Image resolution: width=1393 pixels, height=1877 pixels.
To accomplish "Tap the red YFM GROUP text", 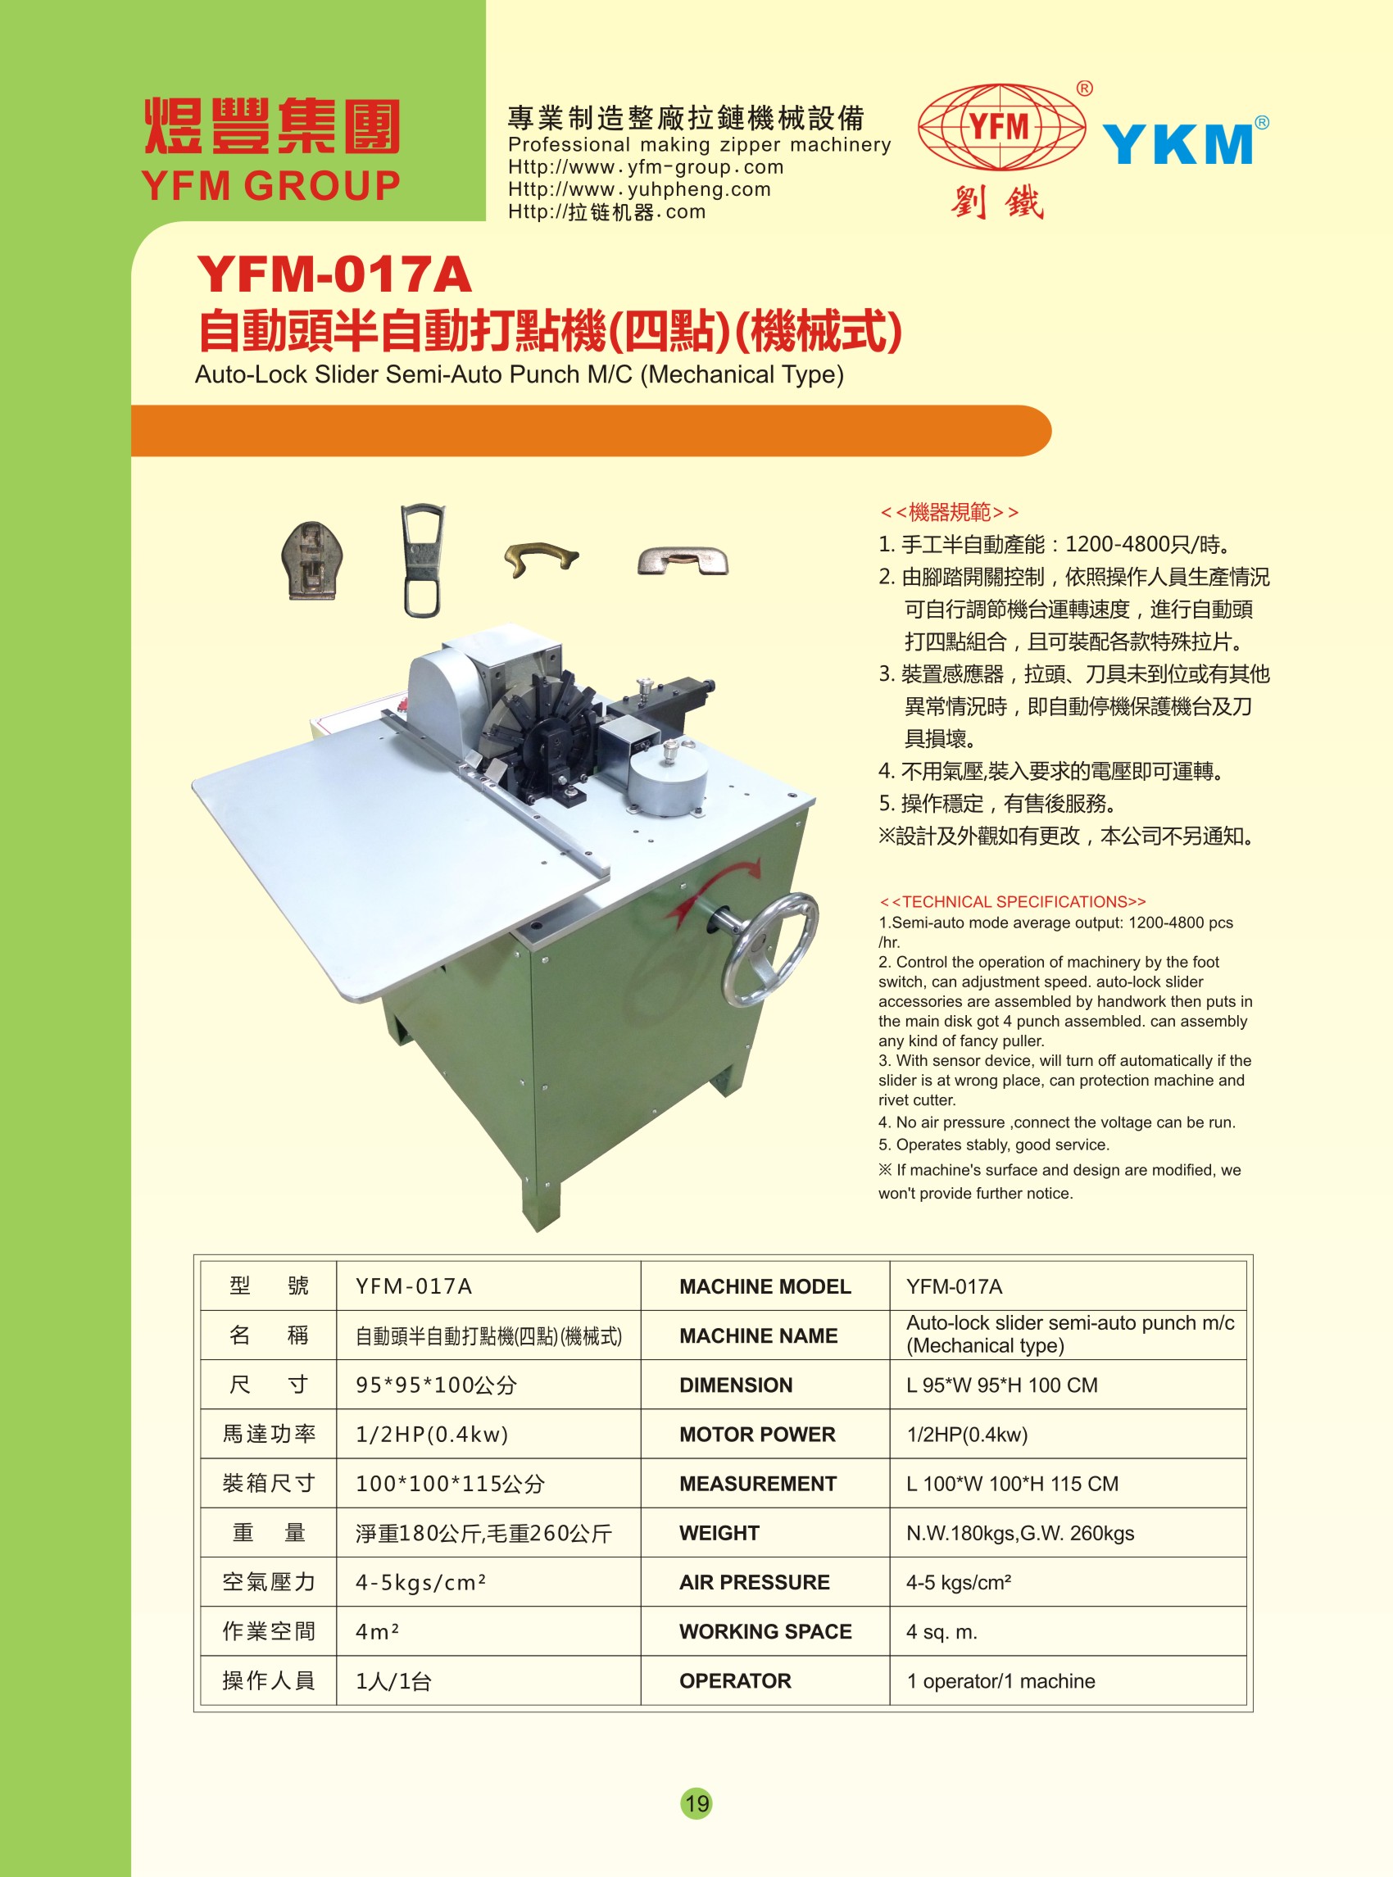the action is coord(270,186).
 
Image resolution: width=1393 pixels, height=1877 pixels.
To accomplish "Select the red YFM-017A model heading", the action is coord(334,275).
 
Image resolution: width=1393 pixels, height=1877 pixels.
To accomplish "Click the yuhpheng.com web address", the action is coord(639,190).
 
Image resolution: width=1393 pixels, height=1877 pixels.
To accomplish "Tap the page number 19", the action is coord(696,1803).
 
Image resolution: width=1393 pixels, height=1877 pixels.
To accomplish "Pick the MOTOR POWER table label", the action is coord(757,1435).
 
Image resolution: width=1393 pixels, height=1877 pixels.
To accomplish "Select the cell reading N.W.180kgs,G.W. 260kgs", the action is coord(1020,1533).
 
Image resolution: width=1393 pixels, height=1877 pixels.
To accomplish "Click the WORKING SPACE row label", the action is coord(765,1632).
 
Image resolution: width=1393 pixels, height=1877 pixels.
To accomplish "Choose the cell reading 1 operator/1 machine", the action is coord(1001,1681).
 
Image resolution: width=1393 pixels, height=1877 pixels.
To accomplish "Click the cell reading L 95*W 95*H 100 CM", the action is coord(1002,1385).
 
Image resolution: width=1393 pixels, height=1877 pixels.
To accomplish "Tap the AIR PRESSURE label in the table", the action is coord(755,1583).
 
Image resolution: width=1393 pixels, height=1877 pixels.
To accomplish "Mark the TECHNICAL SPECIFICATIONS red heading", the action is coord(1013,901).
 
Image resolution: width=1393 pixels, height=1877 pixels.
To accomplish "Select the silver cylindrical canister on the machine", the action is coord(668,781).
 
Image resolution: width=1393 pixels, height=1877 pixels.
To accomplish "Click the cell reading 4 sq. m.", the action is coord(942,1633).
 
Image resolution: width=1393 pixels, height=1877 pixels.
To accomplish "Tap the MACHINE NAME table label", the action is coord(759,1335).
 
